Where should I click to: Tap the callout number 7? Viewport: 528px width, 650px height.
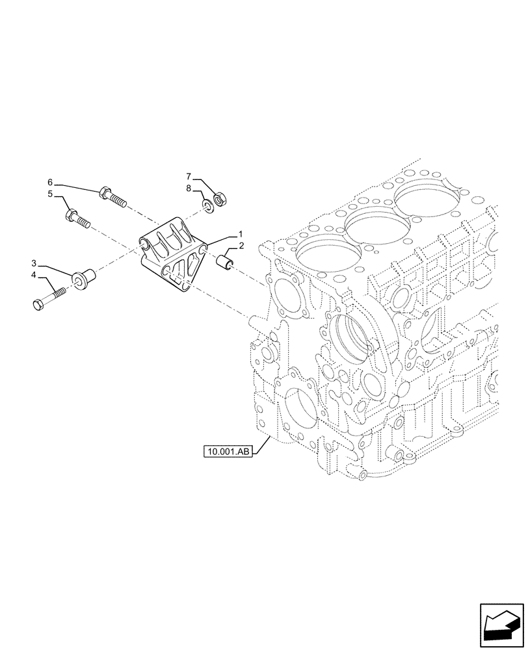pyautogui.click(x=189, y=176)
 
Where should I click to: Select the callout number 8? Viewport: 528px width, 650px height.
pyautogui.click(x=189, y=188)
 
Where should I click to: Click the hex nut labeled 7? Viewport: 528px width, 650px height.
pyautogui.click(x=219, y=197)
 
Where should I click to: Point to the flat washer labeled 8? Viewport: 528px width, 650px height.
pyautogui.click(x=207, y=207)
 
